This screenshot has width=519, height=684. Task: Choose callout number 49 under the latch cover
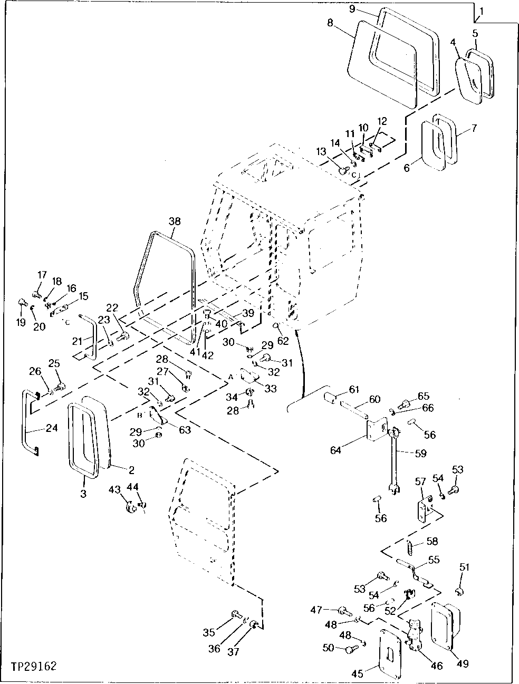click(462, 663)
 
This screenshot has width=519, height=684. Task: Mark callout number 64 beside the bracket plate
click(336, 450)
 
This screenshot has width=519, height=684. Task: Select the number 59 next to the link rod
click(420, 453)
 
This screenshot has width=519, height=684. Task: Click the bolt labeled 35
click(235, 614)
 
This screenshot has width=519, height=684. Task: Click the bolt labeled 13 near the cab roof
click(343, 170)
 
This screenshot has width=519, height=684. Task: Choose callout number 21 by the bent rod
click(77, 341)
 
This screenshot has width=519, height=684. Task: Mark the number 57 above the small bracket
click(420, 481)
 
